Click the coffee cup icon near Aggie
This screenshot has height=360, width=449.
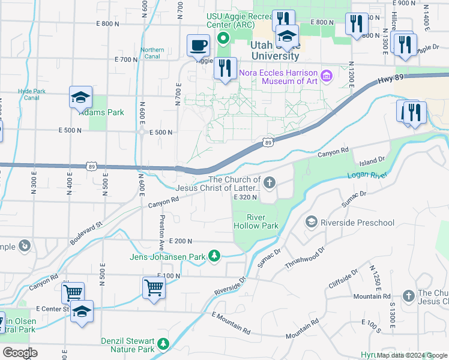click(198, 45)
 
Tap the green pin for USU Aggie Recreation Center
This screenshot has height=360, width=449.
click(223, 40)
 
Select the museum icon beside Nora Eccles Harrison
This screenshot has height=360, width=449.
click(327, 75)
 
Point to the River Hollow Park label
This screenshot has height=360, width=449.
click(255, 221)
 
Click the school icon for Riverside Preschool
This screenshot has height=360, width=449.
click(311, 223)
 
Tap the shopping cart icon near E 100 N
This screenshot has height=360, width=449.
click(154, 287)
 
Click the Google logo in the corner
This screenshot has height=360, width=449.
click(20, 353)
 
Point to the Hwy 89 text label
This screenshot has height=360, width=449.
click(390, 81)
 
